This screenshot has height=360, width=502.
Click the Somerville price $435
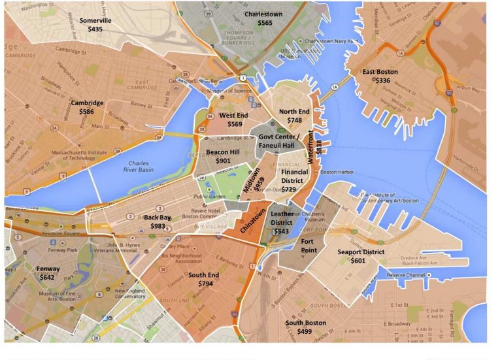click(x=95, y=29)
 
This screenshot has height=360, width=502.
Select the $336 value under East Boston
click(x=383, y=80)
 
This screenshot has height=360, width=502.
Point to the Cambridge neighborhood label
click(x=87, y=103)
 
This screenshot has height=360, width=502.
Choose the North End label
click(x=294, y=112)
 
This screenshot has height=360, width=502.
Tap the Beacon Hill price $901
click(x=222, y=161)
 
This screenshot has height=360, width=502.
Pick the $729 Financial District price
click(x=289, y=189)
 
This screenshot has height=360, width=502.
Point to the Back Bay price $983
click(x=158, y=226)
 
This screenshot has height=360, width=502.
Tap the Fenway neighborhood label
click(x=48, y=269)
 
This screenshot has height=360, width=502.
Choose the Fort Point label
click(x=307, y=246)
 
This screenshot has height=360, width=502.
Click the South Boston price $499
click(x=305, y=332)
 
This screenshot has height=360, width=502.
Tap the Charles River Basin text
click(x=138, y=168)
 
